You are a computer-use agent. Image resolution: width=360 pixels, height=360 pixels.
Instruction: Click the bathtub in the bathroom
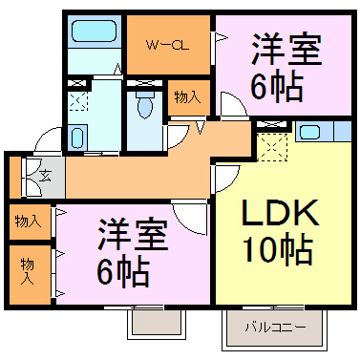pyautogui.click(x=93, y=32)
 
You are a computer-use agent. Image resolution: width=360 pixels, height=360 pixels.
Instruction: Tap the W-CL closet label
pyautogui.click(x=166, y=44)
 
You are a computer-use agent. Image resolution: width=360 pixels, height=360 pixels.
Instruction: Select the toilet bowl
pyautogui.click(x=144, y=107)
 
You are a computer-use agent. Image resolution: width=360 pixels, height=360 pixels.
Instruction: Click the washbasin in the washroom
pyautogui.click(x=77, y=138)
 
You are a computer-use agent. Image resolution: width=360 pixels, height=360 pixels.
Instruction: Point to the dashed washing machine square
pyautogui.click(x=78, y=100)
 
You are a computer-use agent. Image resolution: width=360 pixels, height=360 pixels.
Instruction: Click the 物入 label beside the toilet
pyautogui.click(x=186, y=95)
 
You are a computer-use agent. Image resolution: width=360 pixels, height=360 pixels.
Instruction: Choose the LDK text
pyautogui.click(x=275, y=212)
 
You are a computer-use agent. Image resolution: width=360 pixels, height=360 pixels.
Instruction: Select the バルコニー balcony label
pyautogui.click(x=273, y=328)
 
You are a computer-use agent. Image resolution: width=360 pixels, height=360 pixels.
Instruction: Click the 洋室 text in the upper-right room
pyautogui.click(x=286, y=47)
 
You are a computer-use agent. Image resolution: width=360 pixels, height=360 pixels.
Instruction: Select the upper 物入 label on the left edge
pyautogui.click(x=28, y=221)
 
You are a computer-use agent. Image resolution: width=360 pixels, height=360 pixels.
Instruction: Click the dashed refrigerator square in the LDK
pyautogui.click(x=273, y=145)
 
